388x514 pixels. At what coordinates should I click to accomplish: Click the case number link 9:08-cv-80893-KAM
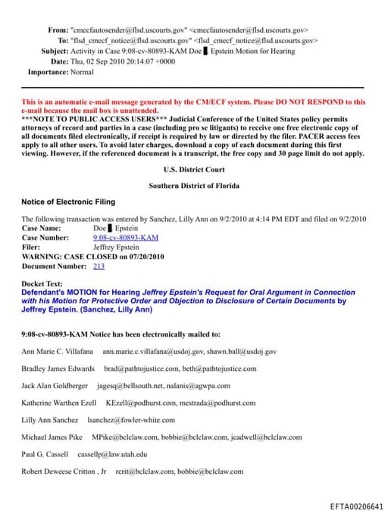click(125, 237)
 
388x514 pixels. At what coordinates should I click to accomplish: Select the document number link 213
click(99, 266)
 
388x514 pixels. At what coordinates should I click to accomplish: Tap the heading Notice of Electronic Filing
click(67, 201)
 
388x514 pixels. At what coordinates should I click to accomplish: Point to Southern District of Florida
click(193, 185)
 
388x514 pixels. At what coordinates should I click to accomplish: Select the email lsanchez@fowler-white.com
click(131, 420)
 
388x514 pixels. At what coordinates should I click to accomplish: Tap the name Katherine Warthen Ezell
click(60, 403)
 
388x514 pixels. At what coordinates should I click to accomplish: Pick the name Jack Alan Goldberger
click(55, 386)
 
